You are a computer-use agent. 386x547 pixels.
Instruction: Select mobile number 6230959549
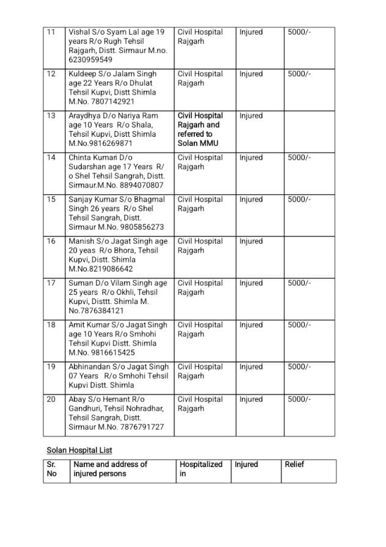[90, 60]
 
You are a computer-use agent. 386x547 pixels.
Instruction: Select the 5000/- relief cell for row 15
[299, 200]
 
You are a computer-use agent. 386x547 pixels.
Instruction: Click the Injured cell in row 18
[251, 325]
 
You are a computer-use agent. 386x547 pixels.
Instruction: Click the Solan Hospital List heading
[79, 451]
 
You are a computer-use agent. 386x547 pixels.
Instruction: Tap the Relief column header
[294, 465]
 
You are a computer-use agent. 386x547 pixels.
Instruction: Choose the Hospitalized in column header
[201, 469]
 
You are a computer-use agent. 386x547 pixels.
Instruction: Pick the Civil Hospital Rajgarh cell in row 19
[200, 371]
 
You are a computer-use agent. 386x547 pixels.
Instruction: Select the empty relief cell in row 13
[310, 129]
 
